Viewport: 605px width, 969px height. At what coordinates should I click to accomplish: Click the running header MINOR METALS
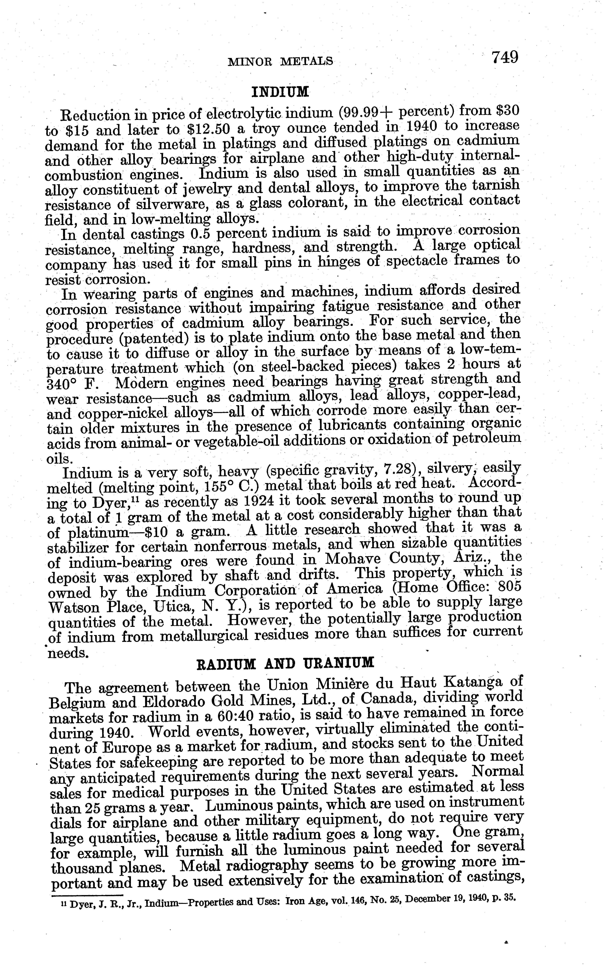pyautogui.click(x=280, y=61)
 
